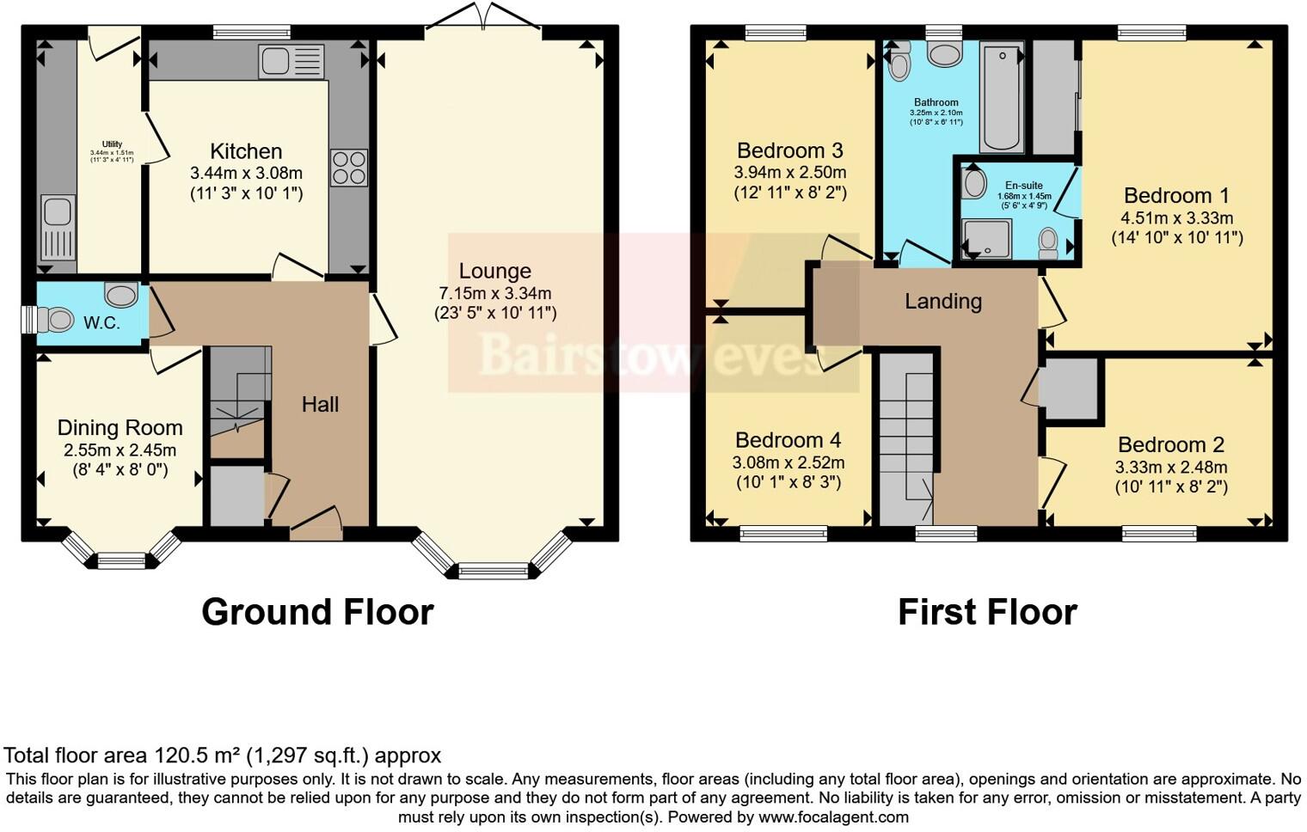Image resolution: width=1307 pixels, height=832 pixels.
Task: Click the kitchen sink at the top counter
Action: (291, 61)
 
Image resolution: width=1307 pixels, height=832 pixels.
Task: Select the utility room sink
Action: (58, 228)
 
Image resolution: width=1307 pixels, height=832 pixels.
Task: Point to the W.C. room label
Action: (101, 324)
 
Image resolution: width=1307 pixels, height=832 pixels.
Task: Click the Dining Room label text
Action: (120, 428)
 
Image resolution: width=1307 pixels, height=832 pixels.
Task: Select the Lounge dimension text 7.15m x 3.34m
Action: (494, 293)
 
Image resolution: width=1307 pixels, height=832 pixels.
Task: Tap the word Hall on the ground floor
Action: (320, 404)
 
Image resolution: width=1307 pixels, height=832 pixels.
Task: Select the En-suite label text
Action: (1023, 185)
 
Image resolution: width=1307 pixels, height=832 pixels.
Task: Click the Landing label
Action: (942, 301)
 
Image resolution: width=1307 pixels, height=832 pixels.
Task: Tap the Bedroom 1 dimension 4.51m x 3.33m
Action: (1176, 217)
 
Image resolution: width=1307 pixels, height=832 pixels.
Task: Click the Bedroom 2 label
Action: (1170, 445)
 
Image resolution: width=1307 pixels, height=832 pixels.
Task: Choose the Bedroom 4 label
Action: (788, 440)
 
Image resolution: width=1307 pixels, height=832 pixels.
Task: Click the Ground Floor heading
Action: (317, 612)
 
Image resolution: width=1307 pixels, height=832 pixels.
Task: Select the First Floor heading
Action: (987, 612)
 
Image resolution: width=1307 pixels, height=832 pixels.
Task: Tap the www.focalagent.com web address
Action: (833, 817)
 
